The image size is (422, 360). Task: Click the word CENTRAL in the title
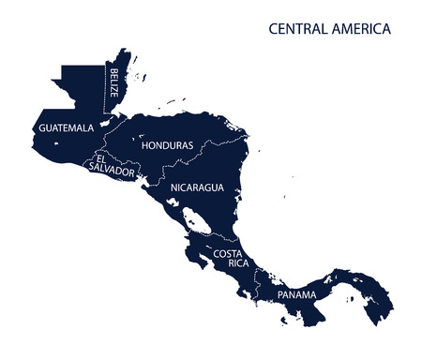point(298,29)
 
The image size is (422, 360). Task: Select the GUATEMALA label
point(66,127)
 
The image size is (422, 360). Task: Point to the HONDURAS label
point(166,146)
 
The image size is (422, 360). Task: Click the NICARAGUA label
point(197,187)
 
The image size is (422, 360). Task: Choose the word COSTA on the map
point(229,253)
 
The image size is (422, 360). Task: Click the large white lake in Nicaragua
point(196,221)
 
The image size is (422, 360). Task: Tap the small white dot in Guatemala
point(56,143)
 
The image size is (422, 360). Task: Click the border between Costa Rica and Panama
point(257,286)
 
